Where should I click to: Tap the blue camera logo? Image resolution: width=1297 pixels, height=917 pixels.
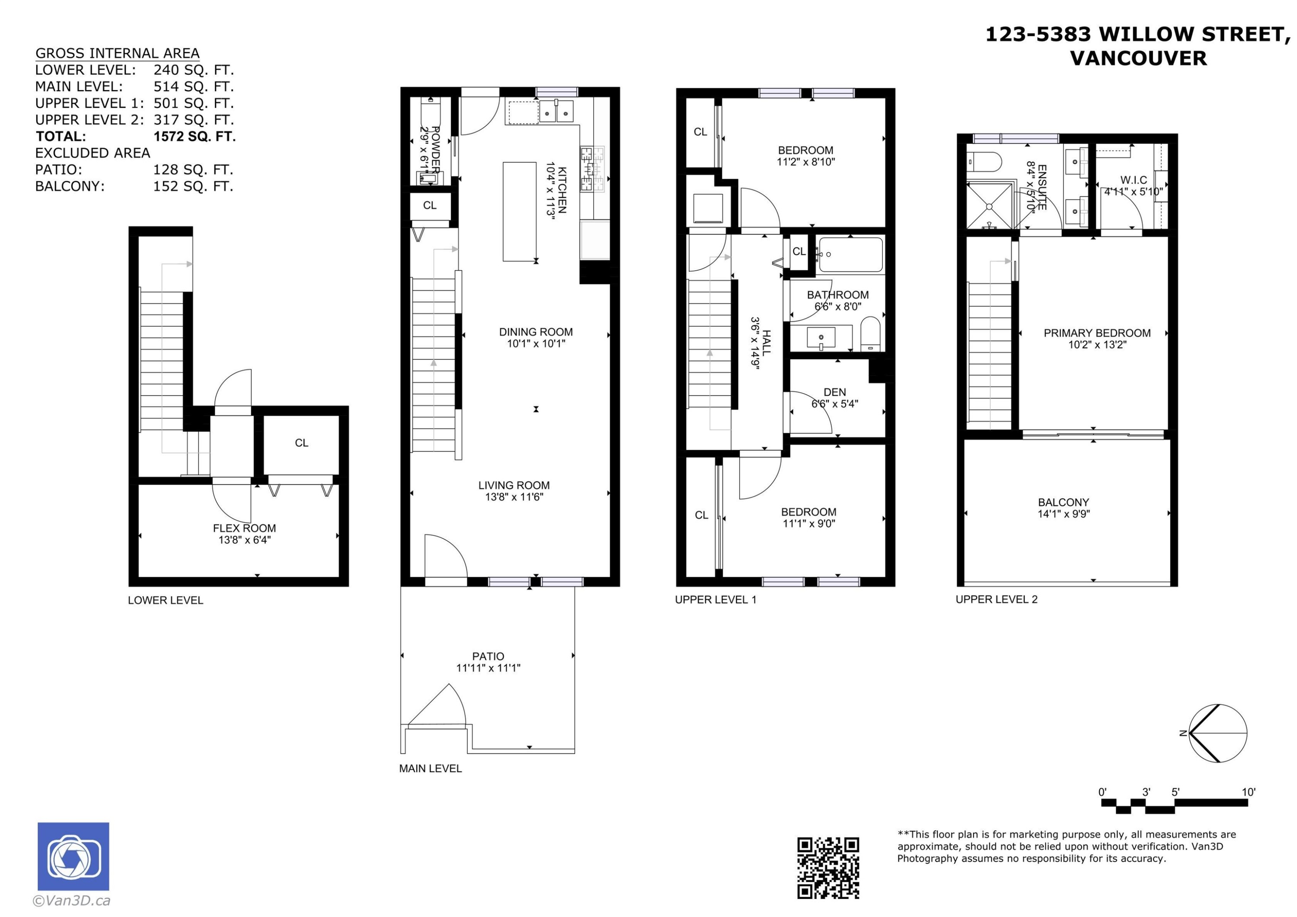(x=73, y=856)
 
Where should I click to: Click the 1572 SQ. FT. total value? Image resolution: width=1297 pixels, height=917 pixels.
(x=194, y=136)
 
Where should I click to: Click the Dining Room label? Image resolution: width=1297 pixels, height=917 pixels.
(x=536, y=332)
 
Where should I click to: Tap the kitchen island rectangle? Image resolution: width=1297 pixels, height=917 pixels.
(x=520, y=212)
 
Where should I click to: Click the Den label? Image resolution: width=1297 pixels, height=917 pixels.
(x=834, y=392)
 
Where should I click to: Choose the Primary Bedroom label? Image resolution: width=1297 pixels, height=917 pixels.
(x=1097, y=333)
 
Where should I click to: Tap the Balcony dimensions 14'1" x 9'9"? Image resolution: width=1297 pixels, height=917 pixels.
(x=1063, y=514)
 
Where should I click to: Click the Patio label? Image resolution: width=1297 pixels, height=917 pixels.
(x=488, y=657)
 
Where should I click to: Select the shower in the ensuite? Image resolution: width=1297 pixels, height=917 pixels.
(x=989, y=206)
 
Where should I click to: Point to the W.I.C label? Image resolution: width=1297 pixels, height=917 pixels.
(x=1133, y=180)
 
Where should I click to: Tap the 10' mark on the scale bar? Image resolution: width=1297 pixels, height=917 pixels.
(x=1249, y=792)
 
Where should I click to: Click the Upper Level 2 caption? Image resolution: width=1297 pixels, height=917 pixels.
(x=997, y=600)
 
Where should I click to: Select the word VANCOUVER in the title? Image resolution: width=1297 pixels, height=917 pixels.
(x=1138, y=58)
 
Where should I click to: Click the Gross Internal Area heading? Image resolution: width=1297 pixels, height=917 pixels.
(x=118, y=53)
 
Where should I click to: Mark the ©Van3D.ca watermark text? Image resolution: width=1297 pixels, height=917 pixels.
(x=72, y=901)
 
